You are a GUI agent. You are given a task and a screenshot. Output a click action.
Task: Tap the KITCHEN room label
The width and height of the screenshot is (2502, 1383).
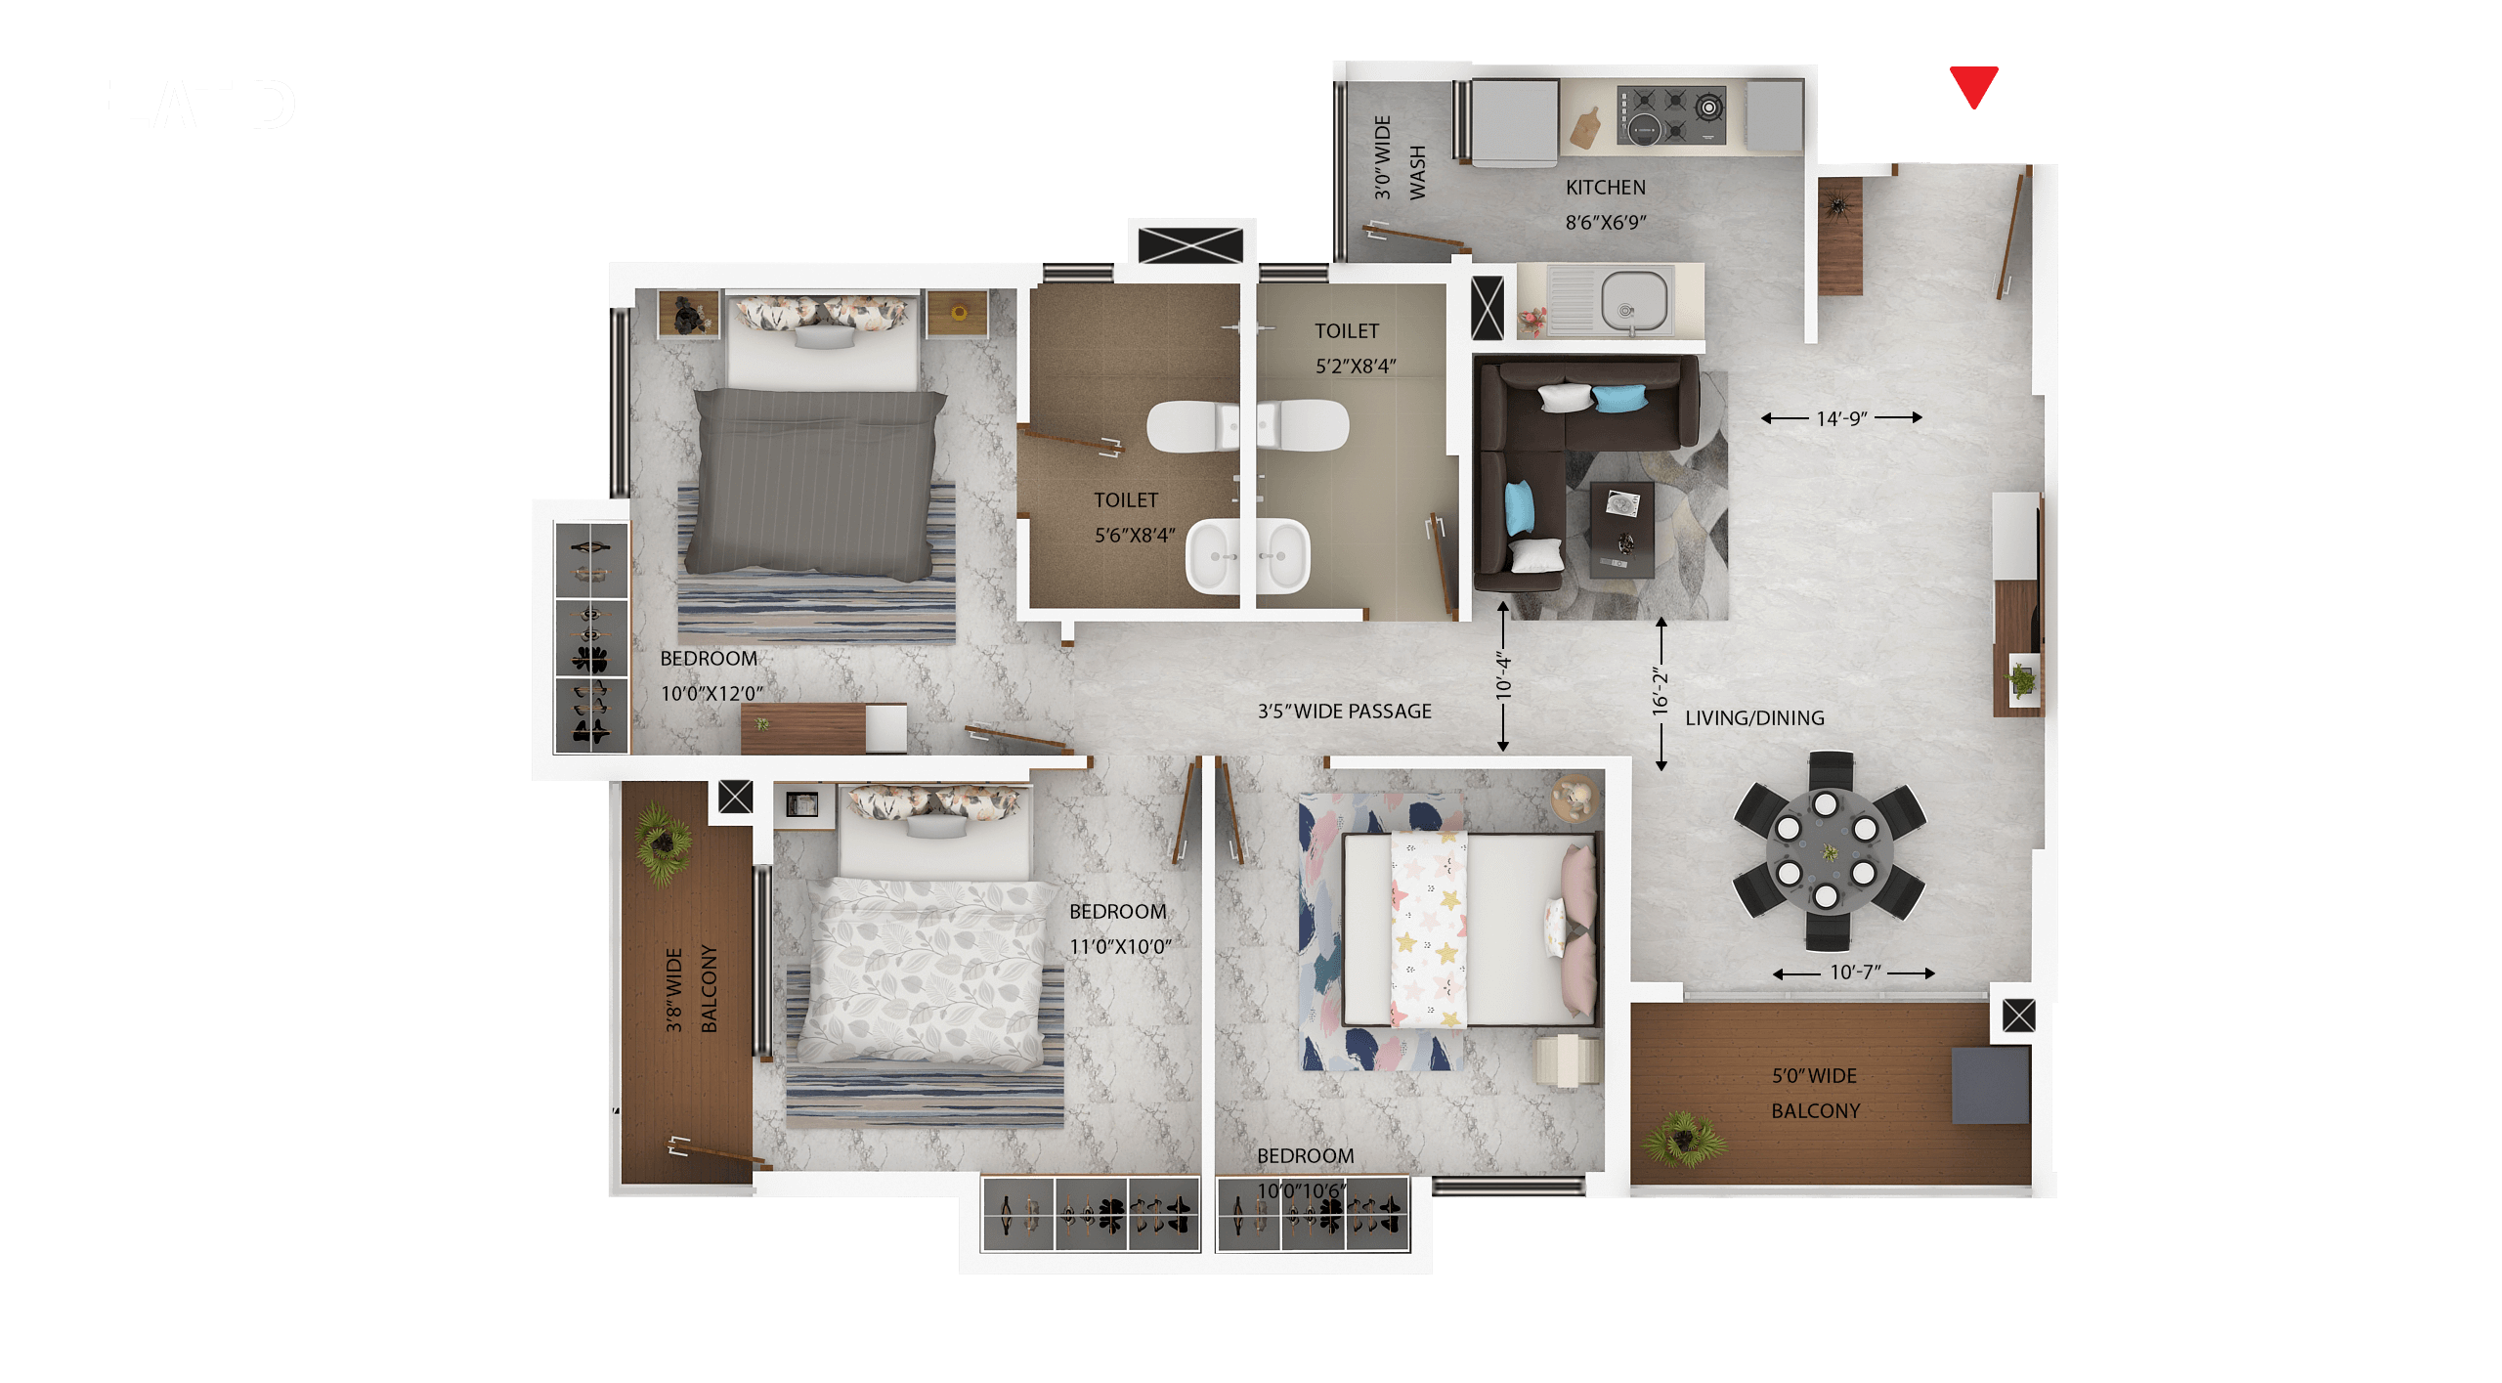[1605, 187]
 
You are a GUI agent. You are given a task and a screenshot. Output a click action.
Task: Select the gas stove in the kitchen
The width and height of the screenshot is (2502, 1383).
[1670, 115]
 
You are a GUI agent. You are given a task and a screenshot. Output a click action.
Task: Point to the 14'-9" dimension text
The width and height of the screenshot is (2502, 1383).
[1841, 418]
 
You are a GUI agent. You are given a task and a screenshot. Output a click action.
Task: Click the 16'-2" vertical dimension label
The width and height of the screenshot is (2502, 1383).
[1660, 691]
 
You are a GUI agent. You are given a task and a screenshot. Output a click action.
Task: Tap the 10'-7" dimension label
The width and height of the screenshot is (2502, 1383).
[1855, 972]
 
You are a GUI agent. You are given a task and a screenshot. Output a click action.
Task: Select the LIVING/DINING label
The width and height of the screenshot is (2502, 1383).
[1754, 717]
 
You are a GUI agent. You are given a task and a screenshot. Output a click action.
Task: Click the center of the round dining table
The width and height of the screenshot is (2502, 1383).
[1828, 852]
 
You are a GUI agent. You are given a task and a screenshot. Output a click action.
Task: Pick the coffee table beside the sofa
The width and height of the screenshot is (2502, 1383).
[1621, 529]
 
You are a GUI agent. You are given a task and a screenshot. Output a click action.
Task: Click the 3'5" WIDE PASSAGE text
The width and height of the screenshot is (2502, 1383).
[1344, 712]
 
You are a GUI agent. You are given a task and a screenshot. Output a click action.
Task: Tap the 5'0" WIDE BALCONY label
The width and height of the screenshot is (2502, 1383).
[1815, 1093]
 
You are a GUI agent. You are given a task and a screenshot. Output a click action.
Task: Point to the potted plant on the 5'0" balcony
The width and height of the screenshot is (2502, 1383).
[1683, 1139]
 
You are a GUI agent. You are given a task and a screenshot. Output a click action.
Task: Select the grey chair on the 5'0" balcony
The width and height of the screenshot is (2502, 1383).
[1990, 1085]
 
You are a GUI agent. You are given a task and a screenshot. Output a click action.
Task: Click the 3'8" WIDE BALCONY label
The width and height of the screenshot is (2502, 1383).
[691, 989]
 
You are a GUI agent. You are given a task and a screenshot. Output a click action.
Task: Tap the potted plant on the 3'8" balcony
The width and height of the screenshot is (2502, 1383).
[663, 842]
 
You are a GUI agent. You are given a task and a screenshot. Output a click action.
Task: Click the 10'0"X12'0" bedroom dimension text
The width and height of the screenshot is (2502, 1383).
[712, 693]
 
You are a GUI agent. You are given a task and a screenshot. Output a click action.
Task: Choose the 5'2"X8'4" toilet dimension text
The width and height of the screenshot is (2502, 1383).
[1356, 367]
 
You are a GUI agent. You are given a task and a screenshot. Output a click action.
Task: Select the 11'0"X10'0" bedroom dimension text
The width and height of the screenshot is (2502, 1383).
[1120, 946]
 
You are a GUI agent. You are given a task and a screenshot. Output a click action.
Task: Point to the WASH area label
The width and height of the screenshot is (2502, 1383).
[1417, 173]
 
